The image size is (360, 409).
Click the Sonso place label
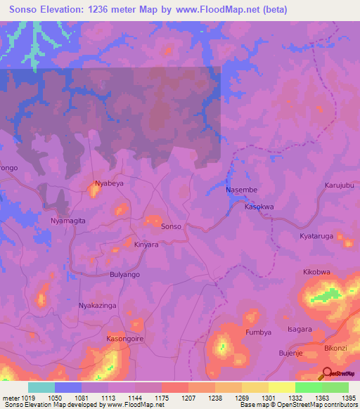[x=172, y=227]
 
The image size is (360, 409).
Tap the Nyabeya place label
[x=109, y=183]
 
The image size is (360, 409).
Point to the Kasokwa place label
[x=258, y=207]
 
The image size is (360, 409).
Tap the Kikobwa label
[x=316, y=272]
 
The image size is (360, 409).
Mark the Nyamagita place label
[x=68, y=220]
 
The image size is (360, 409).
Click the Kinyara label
[x=147, y=245]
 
